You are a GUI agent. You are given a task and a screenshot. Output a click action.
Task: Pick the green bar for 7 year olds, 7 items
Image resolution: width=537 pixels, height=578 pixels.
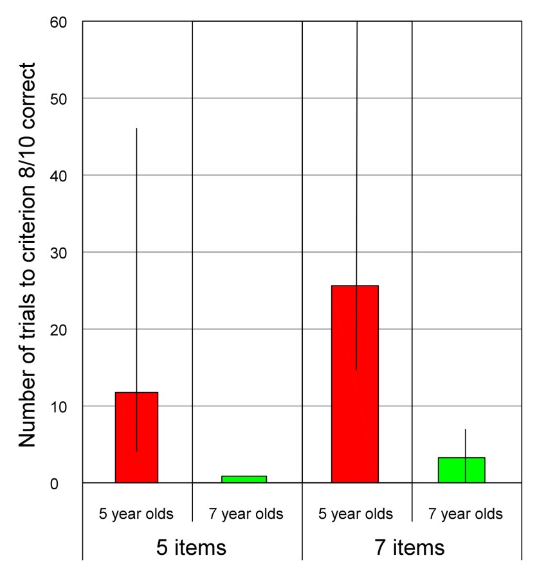pyautogui.click(x=461, y=470)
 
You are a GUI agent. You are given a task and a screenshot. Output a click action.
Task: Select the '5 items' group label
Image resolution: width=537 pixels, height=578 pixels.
pyautogui.click(x=192, y=548)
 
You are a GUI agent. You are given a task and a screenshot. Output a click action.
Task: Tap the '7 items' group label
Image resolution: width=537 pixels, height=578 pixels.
pyautogui.click(x=410, y=548)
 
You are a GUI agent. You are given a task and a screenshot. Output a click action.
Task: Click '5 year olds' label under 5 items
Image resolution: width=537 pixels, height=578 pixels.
pyautogui.click(x=136, y=514)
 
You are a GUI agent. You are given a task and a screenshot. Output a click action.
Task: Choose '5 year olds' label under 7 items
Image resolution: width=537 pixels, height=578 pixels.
pyautogui.click(x=355, y=514)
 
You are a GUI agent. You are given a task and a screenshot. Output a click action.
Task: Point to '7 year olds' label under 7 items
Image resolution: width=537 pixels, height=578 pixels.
pyautogui.click(x=465, y=514)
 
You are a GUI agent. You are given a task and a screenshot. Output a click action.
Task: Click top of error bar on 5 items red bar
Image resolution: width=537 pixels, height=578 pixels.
pyautogui.click(x=136, y=129)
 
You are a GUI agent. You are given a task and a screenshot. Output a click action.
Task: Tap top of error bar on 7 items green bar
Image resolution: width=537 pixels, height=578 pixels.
pyautogui.click(x=465, y=429)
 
